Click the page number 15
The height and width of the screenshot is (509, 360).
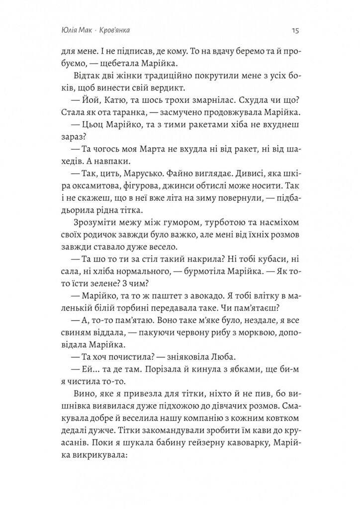294,30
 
